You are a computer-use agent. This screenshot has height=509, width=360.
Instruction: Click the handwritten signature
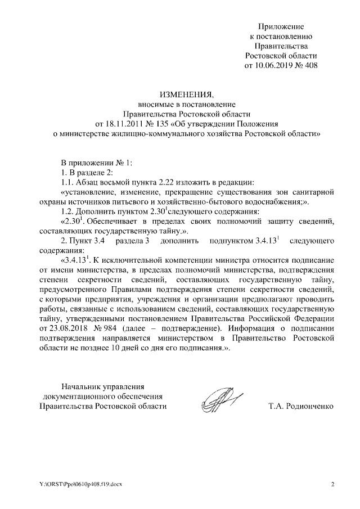tap(220, 401)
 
